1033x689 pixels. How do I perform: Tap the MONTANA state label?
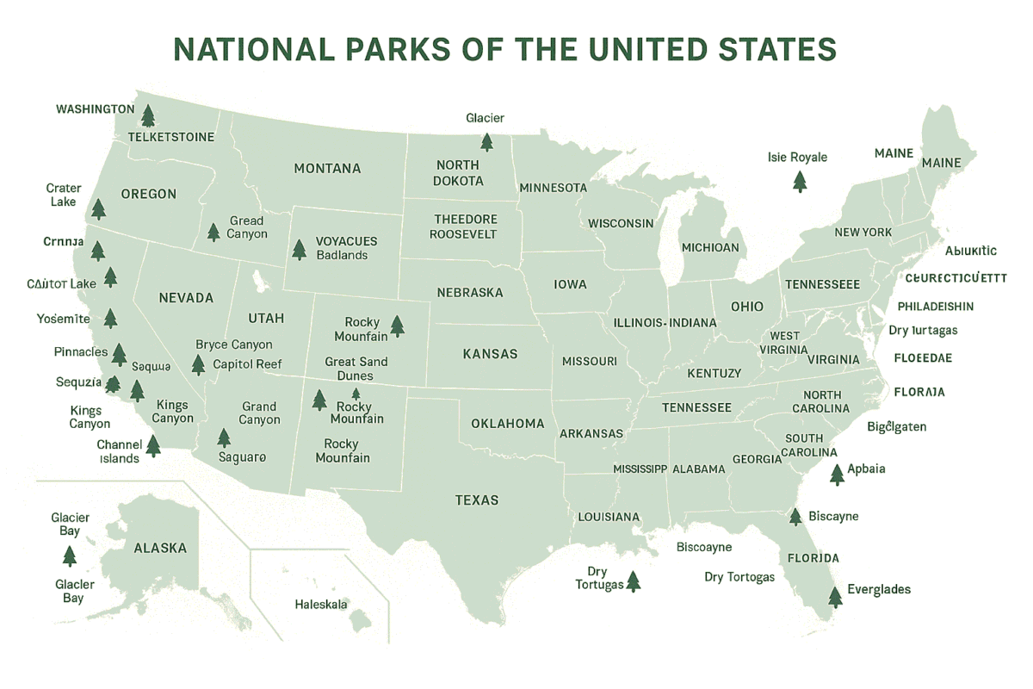point(327,169)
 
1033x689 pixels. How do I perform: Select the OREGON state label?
point(148,195)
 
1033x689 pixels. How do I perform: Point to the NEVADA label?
point(186,298)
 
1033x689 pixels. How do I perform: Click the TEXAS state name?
point(477,500)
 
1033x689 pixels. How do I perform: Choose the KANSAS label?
point(490,354)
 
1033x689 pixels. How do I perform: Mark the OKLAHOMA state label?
point(508,424)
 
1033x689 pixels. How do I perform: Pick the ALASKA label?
point(160,548)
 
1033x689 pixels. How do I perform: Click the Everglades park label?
point(878,590)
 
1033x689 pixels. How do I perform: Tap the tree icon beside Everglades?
point(834,596)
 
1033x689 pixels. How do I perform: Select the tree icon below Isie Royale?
point(800,182)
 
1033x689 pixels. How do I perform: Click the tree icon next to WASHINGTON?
point(148,115)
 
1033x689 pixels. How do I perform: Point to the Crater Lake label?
point(64,195)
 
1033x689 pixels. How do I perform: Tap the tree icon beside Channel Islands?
point(153,445)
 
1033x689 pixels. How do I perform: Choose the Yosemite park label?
point(64,319)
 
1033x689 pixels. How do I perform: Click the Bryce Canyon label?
point(234,344)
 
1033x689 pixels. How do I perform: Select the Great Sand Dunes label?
point(356,369)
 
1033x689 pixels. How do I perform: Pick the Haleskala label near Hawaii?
point(321,605)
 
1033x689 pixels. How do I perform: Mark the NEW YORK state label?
point(863,233)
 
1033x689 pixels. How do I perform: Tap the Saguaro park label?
point(243,457)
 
